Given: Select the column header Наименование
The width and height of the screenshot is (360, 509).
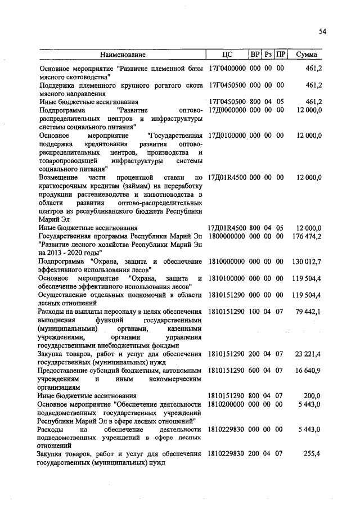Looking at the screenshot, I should coord(123,55).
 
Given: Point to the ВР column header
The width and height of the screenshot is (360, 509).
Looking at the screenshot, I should coord(255,55).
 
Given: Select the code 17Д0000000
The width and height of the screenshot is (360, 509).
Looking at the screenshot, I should coord(227,110).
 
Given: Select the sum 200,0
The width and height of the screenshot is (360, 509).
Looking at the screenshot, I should coord(313,395).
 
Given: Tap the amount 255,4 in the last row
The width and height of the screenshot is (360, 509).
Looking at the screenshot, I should coord(313,454).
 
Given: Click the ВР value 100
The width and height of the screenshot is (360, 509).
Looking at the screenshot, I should coord(255,312).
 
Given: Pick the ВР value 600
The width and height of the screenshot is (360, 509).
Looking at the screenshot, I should coord(255,371).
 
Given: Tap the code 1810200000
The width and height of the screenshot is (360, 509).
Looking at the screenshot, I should coord(227,404).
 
